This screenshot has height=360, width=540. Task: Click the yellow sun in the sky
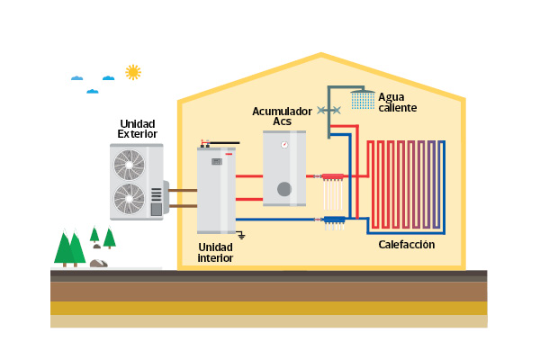click(133, 72)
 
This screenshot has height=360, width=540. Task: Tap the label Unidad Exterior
click(137, 129)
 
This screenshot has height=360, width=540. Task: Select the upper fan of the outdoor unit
click(129, 165)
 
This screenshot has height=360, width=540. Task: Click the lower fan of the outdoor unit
click(129, 197)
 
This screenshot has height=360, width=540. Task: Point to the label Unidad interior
click(215, 252)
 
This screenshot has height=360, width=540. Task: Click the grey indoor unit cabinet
click(216, 193)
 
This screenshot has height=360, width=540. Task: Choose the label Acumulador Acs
click(282, 116)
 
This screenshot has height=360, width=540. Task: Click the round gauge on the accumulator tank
click(284, 145)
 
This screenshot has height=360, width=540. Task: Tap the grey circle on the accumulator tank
click(284, 189)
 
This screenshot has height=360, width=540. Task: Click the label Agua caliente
click(397, 102)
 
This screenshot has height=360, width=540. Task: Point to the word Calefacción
click(406, 245)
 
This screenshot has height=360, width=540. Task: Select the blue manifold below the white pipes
click(334, 219)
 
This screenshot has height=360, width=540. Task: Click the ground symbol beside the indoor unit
click(241, 234)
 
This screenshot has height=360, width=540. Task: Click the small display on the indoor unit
click(216, 162)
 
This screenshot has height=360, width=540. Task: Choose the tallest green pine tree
click(65, 248)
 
